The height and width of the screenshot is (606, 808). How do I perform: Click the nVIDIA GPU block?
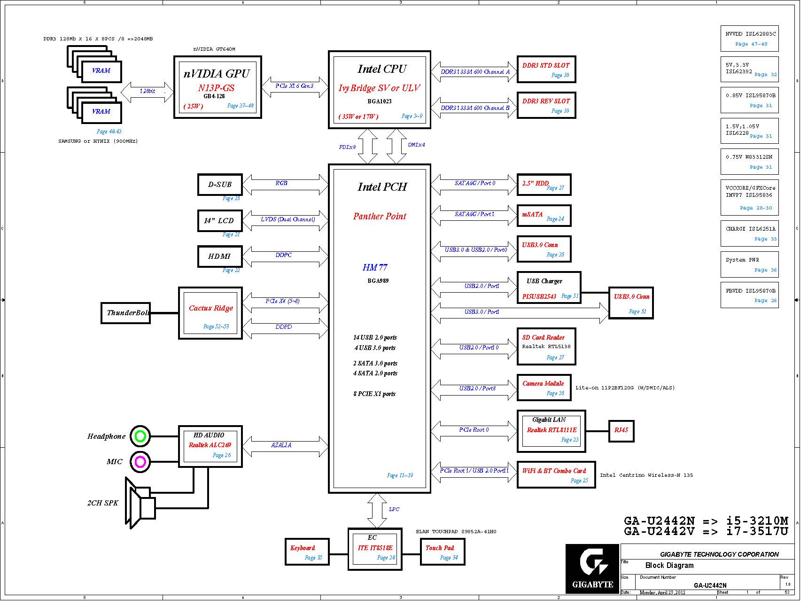218,87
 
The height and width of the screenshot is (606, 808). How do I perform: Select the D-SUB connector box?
220,185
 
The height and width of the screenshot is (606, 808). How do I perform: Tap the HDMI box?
220,256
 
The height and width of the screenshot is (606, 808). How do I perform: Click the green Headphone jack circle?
140,436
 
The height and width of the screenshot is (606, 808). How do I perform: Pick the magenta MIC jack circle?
140,462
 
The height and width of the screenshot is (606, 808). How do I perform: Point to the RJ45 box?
621,430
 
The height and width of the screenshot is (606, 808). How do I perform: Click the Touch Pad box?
442,552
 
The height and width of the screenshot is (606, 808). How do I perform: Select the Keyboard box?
307,552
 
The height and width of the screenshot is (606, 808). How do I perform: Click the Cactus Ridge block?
210,313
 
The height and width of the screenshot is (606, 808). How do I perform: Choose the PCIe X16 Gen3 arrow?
295,87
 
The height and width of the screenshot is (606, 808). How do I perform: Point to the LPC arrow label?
394,509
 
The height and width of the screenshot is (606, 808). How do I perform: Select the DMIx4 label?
416,145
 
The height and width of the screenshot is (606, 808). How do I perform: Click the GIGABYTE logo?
592,568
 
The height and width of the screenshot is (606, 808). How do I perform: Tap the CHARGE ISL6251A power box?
750,233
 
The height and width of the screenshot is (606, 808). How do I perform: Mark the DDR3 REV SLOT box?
546,105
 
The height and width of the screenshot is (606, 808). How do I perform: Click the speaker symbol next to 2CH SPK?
140,503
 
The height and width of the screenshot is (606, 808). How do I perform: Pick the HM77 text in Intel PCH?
375,267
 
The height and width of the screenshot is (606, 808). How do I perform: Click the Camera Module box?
544,388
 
